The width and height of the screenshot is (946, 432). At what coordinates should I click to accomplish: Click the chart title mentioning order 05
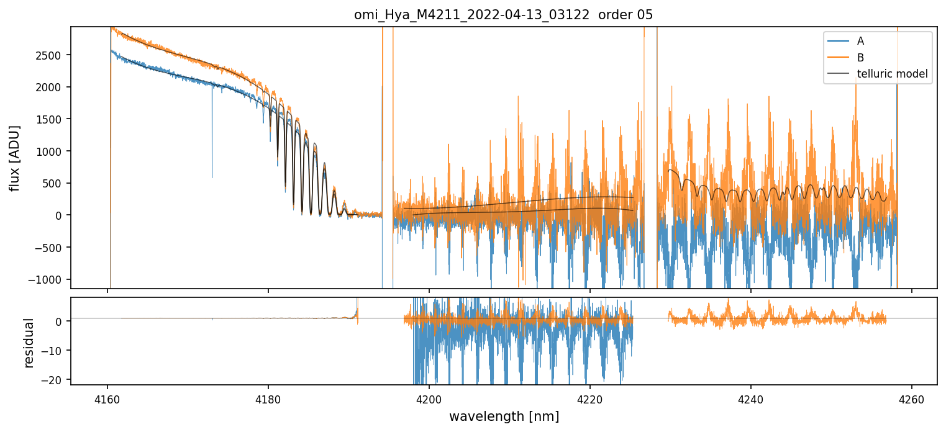point(503,15)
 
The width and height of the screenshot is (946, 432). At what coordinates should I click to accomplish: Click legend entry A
point(860,41)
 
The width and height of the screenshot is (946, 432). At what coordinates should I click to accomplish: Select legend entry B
point(860,58)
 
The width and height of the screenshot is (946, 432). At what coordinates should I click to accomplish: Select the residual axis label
point(29,343)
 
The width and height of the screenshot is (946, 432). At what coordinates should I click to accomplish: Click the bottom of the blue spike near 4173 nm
point(212,178)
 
